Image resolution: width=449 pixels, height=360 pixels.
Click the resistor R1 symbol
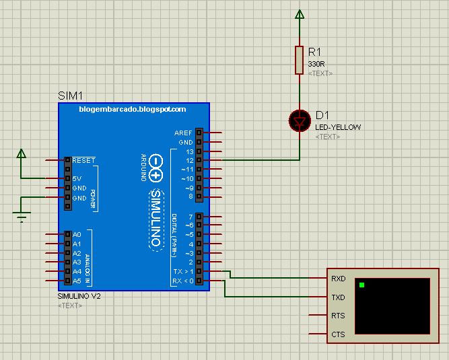tap(300, 60)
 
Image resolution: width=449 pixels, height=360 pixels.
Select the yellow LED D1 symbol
tap(300, 121)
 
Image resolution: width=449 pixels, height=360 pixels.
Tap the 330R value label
tap(316, 64)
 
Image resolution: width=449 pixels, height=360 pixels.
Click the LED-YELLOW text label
tap(338, 127)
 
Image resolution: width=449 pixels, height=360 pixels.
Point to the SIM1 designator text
tap(70, 96)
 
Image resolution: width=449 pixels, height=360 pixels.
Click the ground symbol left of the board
tap(22, 215)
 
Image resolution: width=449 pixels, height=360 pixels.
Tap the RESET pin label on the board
tap(83, 160)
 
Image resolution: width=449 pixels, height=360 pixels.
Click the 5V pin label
tap(77, 179)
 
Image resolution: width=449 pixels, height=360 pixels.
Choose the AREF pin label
tap(183, 133)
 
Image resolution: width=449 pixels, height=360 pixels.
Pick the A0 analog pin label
tap(77, 234)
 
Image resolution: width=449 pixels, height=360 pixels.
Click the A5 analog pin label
tap(77, 280)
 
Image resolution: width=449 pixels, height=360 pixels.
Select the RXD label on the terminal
tap(338, 278)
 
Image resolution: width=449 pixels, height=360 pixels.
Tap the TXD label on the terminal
tap(338, 297)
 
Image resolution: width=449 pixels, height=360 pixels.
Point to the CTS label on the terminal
tap(338, 334)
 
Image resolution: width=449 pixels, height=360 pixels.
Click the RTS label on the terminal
tap(338, 316)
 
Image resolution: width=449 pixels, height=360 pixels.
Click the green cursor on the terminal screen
tap(361, 285)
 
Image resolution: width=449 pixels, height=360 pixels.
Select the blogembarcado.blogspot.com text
tap(133, 109)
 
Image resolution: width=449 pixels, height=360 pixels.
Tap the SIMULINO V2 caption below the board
tap(79, 296)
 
